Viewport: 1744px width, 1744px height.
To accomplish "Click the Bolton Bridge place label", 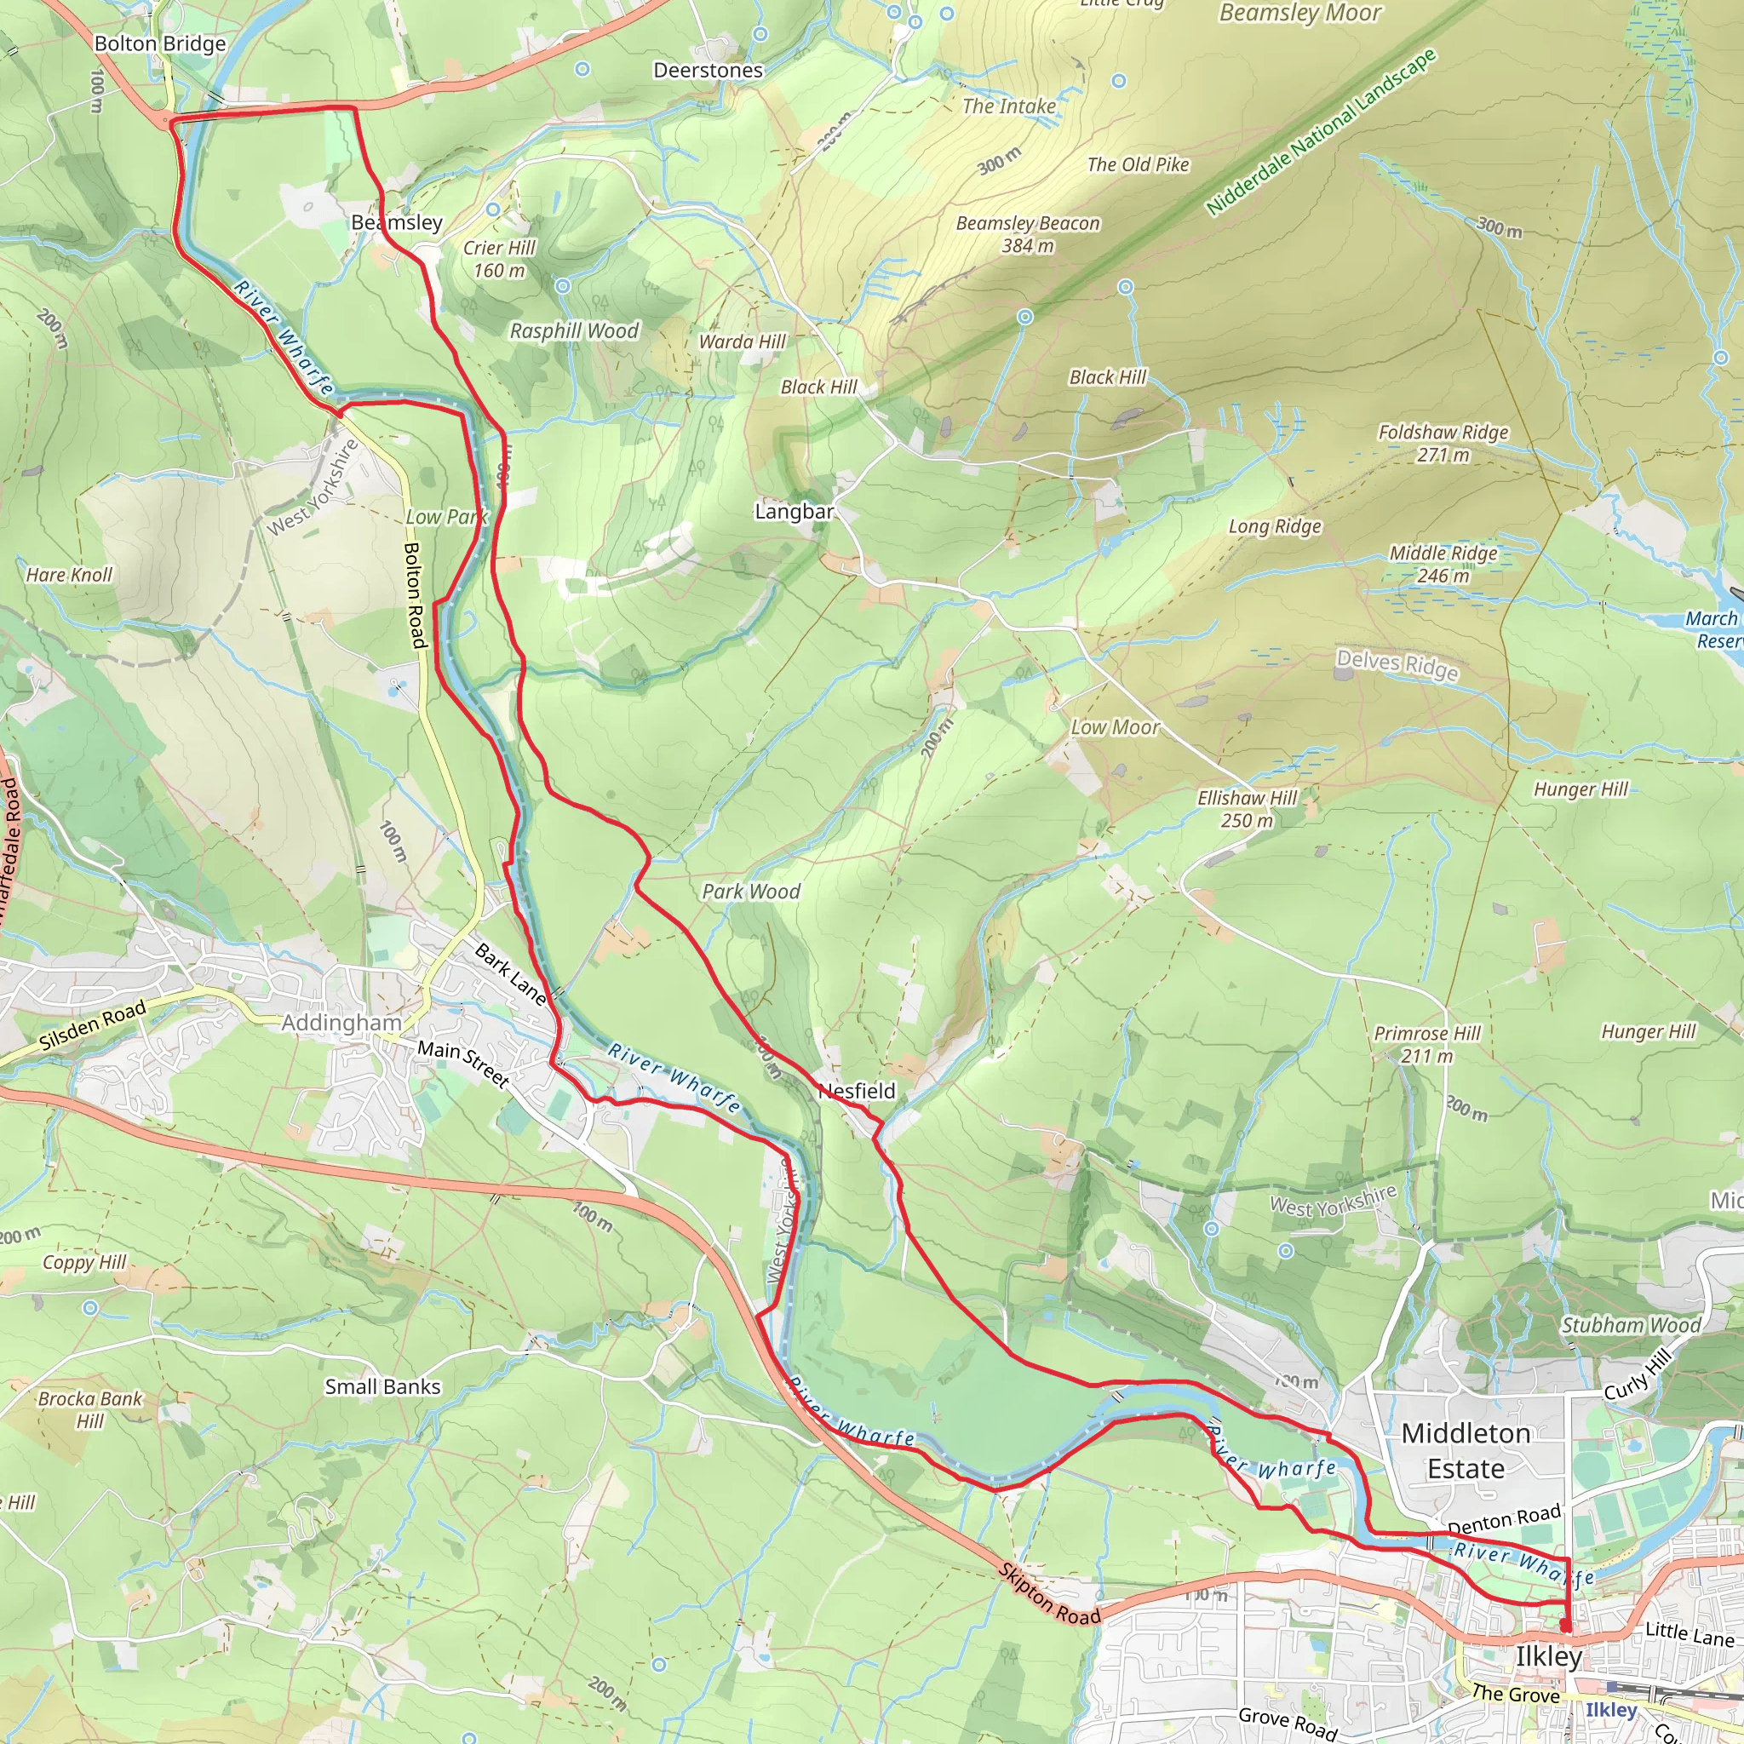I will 160,43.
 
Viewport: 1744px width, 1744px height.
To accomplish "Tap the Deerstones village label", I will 708,71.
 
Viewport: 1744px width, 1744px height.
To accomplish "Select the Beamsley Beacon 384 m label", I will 1027,234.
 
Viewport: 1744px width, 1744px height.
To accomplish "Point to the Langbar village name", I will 794,512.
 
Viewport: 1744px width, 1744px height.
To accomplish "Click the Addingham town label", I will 341,1023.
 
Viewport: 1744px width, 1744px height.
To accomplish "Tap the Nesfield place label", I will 857,1092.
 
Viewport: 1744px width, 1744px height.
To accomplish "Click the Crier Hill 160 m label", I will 499,259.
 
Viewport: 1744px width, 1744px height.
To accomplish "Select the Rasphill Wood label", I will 574,331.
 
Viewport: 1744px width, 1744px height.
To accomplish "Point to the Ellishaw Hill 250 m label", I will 1247,809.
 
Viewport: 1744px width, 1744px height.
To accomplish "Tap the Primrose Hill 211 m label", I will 1427,1044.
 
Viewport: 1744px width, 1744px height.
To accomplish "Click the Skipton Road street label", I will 1050,1594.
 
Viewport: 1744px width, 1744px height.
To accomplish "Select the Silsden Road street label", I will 92,1026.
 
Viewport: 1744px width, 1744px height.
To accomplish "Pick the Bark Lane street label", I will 511,975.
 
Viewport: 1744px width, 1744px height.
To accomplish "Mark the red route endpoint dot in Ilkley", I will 1566,1626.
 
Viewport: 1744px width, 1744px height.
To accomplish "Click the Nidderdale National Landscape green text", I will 1320,132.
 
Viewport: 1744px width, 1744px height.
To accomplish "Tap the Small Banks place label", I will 382,1386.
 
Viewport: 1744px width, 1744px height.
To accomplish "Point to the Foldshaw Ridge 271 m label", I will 1443,443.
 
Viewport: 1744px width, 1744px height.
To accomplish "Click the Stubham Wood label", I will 1631,1325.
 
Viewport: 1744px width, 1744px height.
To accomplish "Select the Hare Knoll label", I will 70,575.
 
